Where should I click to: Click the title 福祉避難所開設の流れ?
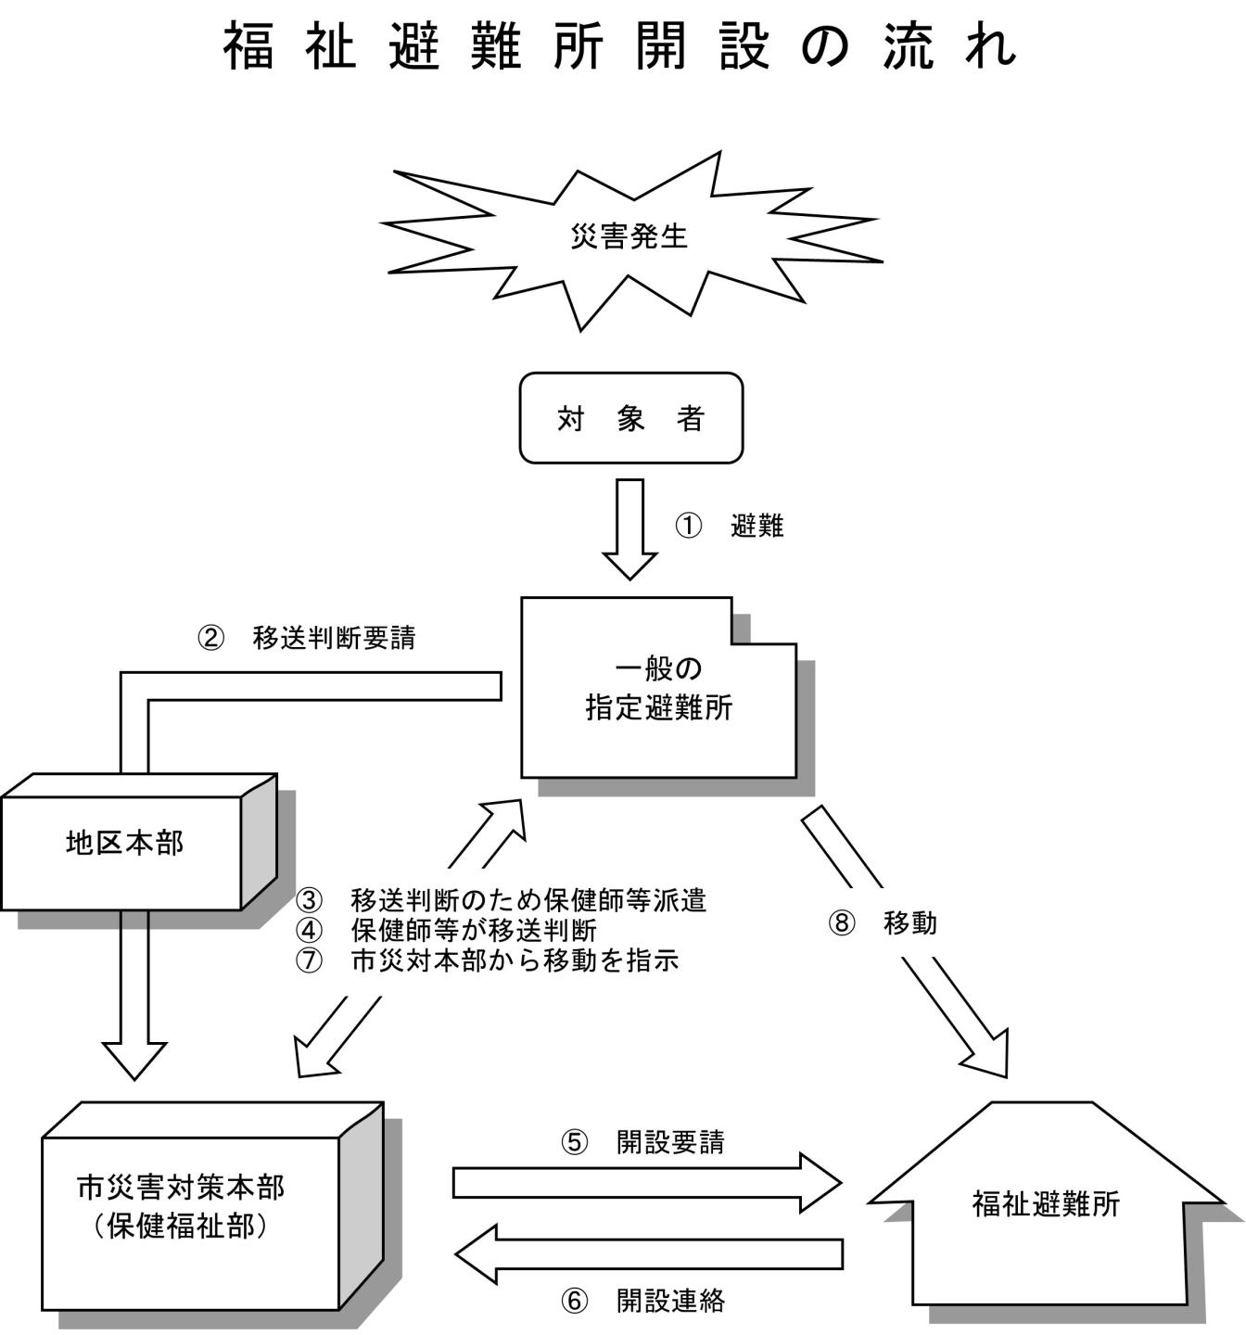point(621,46)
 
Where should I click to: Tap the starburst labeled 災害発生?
point(629,237)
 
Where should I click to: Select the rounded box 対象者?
point(630,418)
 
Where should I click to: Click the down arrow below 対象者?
point(630,528)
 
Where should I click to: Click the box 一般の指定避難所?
point(658,691)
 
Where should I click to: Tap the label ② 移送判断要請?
point(307,638)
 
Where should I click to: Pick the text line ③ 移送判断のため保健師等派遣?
point(501,900)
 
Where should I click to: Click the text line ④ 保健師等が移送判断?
point(446,930)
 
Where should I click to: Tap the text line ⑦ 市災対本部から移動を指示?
point(488,960)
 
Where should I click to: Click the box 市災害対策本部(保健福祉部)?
point(190,1205)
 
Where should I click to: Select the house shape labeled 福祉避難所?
point(1046,1205)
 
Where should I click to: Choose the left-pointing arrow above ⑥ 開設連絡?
point(649,1253)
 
